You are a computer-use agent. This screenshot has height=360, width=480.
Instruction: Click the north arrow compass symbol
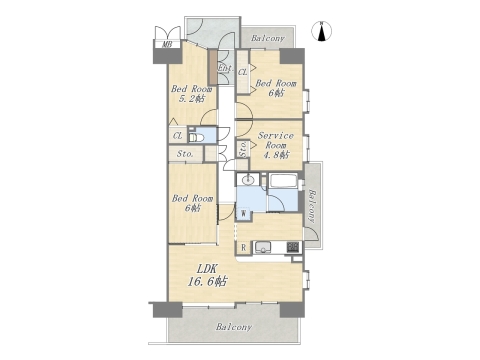(x=322, y=31)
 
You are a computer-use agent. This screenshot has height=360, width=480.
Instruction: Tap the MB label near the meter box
(x=167, y=44)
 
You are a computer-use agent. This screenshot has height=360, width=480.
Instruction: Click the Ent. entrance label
(x=226, y=68)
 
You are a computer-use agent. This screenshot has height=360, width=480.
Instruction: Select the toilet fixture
(x=196, y=137)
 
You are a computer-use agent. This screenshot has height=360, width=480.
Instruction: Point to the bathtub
(x=283, y=181)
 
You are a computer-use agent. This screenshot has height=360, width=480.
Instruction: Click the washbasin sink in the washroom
(x=248, y=180)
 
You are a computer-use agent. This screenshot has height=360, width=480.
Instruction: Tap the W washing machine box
(x=243, y=213)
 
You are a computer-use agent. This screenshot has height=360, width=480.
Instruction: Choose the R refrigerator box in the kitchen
(x=244, y=248)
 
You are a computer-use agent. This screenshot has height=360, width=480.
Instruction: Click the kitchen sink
(x=263, y=248)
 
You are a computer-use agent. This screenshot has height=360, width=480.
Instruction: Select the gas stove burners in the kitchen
(x=293, y=247)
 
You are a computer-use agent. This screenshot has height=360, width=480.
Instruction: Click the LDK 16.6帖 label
(x=207, y=275)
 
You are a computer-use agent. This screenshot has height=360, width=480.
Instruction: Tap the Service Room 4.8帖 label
(x=276, y=145)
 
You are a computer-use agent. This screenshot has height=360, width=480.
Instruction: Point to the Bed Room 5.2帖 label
(x=192, y=94)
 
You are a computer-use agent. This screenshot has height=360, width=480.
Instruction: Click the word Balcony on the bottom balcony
(x=234, y=327)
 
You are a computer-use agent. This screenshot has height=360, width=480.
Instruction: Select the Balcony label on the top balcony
(x=268, y=38)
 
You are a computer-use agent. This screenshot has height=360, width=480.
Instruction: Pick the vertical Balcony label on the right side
(x=312, y=206)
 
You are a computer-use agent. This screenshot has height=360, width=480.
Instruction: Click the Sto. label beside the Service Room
(x=243, y=149)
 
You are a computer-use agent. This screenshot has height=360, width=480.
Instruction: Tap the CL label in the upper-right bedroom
(x=243, y=72)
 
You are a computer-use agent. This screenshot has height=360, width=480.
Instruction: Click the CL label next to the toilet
(x=178, y=136)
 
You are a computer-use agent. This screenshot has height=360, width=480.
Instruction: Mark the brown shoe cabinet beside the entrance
(x=212, y=67)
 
